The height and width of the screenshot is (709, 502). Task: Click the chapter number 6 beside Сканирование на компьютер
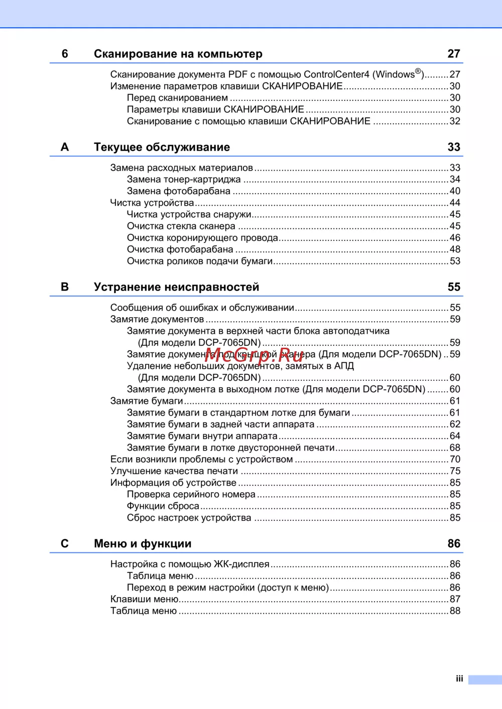pyautogui.click(x=65, y=54)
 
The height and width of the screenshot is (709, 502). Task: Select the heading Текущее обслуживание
pyautogui.click(x=162, y=147)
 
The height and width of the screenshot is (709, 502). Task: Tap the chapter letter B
pyautogui.click(x=65, y=287)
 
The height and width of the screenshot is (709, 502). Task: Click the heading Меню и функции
pyautogui.click(x=143, y=543)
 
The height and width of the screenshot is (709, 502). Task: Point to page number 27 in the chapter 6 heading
pyautogui.click(x=454, y=54)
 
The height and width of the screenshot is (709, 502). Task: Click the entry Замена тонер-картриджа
pyautogui.click(x=184, y=180)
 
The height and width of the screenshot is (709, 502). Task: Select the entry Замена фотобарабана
pyautogui.click(x=179, y=191)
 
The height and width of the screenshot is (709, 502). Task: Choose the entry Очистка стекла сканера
pyautogui.click(x=181, y=226)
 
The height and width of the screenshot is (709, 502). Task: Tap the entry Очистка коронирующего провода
pyautogui.click(x=202, y=238)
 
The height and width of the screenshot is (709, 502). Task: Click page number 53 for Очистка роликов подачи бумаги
pyautogui.click(x=455, y=261)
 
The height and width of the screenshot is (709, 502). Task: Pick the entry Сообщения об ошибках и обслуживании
pyautogui.click(x=202, y=308)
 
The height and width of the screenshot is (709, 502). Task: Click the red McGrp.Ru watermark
pyautogui.click(x=254, y=354)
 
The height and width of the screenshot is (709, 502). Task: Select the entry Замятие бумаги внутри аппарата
pyautogui.click(x=202, y=436)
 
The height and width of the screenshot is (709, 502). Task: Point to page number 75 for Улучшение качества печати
pyautogui.click(x=455, y=471)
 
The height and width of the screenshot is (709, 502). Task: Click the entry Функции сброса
pyautogui.click(x=163, y=506)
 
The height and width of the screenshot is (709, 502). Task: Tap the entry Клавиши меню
pyautogui.click(x=145, y=599)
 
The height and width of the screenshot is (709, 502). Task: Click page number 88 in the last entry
pyautogui.click(x=455, y=611)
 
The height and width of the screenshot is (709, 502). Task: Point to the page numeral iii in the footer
pyautogui.click(x=459, y=679)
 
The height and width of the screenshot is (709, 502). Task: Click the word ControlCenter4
pyautogui.click(x=336, y=74)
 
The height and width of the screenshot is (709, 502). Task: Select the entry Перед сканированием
pyautogui.click(x=177, y=98)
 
